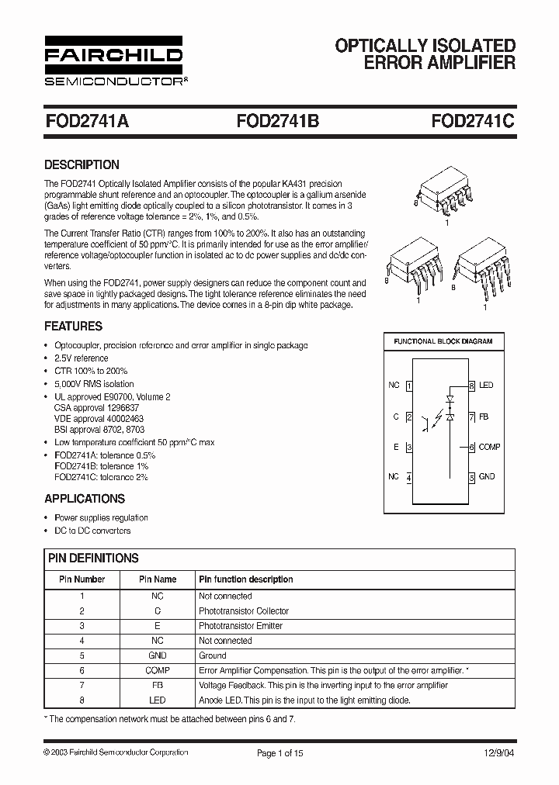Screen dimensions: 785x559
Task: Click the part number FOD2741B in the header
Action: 277,121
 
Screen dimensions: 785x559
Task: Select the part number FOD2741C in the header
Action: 473,121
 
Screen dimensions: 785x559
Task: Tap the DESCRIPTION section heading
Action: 82,164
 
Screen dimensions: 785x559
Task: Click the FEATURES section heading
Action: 73,327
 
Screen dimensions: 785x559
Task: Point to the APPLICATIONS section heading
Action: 85,499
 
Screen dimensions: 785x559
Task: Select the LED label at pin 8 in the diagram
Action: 486,386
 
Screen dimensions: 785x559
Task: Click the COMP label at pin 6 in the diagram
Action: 489,448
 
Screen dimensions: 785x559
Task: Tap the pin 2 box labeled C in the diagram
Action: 409,417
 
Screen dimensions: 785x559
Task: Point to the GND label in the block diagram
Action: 487,477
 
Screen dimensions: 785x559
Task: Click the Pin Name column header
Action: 158,579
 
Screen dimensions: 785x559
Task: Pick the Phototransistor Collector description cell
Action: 241,611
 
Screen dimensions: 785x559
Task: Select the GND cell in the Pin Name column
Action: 158,655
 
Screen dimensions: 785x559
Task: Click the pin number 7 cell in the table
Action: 82,685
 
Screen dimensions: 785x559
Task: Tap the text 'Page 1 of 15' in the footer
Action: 279,752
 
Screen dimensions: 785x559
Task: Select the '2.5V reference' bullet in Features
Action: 81,358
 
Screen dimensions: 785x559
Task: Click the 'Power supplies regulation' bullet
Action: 101,517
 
